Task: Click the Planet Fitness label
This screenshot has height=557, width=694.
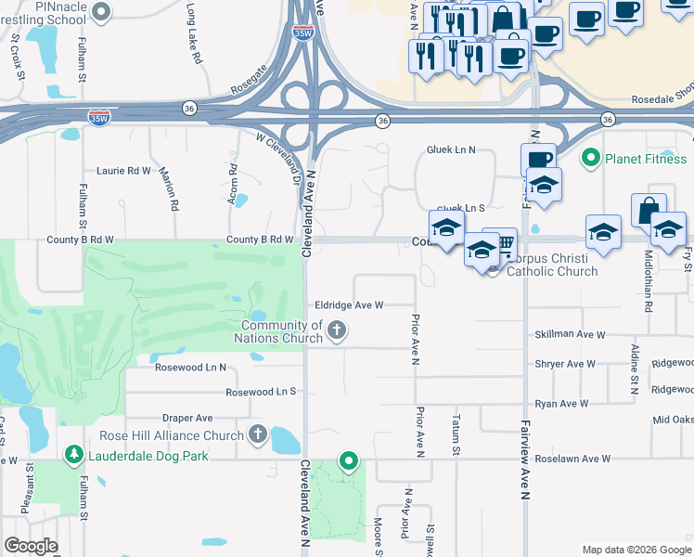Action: coord(646,159)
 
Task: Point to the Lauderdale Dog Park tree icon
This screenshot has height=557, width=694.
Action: coord(72,454)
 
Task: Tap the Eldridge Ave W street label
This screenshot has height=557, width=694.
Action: coord(349,304)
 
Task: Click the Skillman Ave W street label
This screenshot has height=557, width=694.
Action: coord(569,334)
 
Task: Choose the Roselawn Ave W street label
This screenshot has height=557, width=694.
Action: coord(573,459)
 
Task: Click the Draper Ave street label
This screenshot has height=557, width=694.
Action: coord(188,418)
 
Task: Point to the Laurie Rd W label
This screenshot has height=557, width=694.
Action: coord(124,171)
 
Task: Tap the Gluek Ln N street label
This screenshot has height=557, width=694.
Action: coord(451,149)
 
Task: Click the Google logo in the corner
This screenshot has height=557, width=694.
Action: coord(32,546)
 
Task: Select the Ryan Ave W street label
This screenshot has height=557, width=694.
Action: coord(561,404)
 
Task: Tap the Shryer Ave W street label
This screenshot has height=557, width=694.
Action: coord(564,364)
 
